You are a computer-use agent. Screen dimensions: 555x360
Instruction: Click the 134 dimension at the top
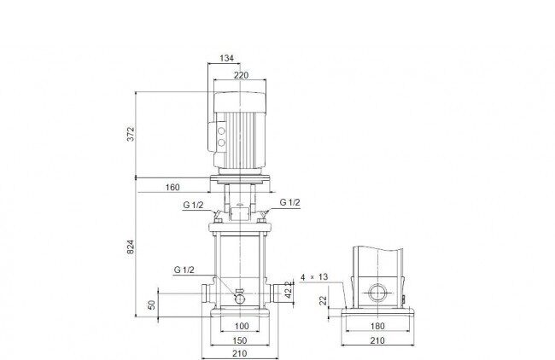coord(226,58)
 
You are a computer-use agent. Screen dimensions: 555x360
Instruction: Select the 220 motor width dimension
coord(241,75)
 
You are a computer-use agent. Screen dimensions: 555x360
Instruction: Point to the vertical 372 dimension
coord(131,134)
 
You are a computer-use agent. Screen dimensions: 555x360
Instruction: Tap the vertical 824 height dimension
coord(131,247)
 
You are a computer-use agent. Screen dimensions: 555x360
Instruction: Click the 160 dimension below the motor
coord(172,187)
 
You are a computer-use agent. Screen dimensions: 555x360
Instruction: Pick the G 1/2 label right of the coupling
coord(290,202)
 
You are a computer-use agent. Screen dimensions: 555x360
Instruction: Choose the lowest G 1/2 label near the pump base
coord(184,270)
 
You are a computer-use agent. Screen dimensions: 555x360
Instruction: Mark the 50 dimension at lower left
coord(151,305)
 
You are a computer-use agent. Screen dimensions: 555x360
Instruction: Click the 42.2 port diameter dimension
coord(289,290)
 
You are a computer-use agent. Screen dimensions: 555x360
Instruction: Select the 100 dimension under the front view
coord(242,326)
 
